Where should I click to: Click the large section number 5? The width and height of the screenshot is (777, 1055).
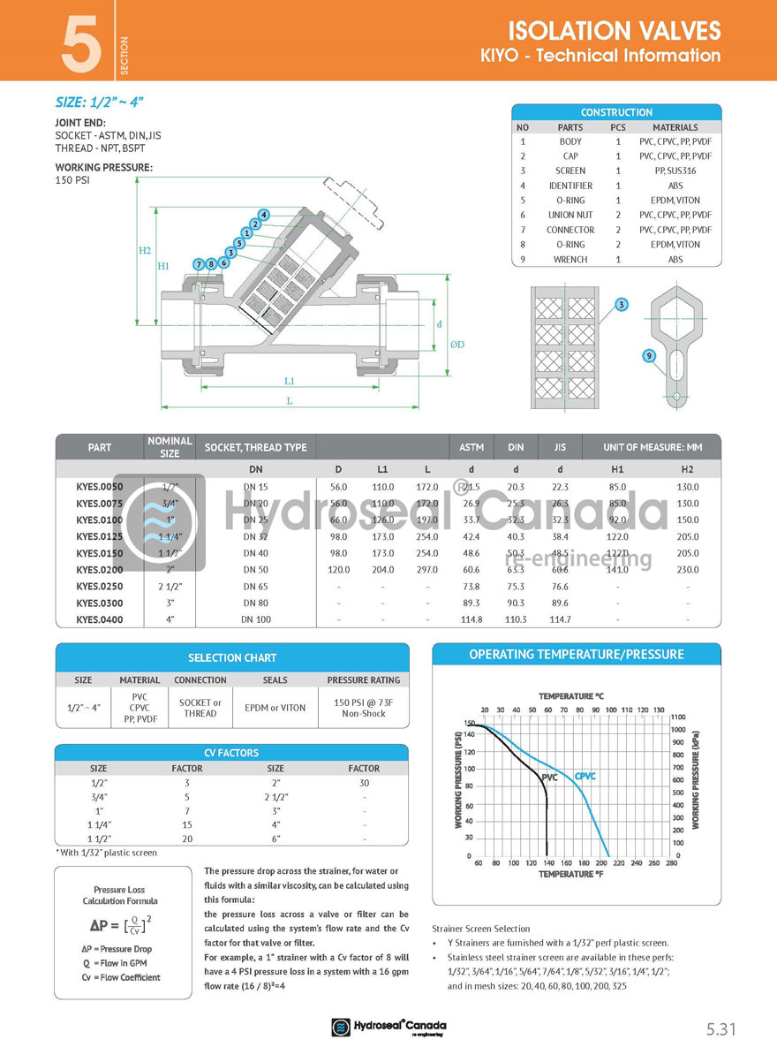(81, 41)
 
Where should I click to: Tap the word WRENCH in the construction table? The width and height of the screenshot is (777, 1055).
(570, 260)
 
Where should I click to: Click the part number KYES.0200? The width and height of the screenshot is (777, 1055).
(100, 570)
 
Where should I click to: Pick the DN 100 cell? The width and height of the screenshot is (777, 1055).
(256, 619)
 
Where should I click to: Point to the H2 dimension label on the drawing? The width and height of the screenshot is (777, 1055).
(146, 251)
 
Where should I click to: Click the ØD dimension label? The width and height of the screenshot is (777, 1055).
(457, 344)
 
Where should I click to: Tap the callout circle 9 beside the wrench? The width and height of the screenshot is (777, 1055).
(650, 355)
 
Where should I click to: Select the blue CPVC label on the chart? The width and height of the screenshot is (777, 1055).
(585, 776)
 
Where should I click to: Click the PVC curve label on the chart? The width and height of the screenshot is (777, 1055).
(549, 778)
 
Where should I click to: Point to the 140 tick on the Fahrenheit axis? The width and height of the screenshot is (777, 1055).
(548, 863)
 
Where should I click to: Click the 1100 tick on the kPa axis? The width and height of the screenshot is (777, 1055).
(678, 717)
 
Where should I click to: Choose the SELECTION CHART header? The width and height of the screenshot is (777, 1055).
(232, 657)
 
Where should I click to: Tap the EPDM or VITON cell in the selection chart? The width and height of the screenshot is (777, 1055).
(275, 708)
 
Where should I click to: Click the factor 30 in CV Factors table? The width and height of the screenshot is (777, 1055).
(364, 783)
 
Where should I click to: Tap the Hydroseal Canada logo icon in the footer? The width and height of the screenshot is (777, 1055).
(341, 1028)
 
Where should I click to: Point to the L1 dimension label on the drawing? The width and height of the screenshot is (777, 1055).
(289, 381)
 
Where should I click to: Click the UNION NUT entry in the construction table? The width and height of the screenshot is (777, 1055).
(570, 215)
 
